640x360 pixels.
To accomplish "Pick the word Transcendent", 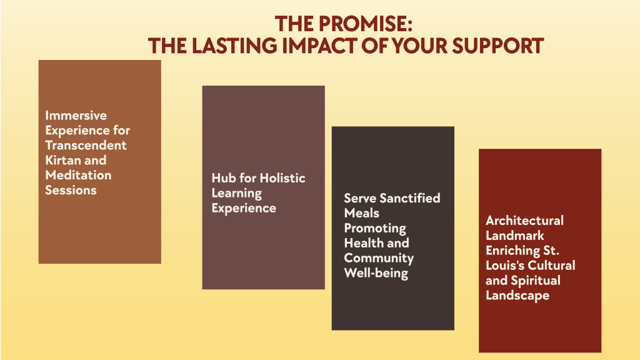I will tap(86, 146).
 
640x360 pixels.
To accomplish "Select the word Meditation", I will tap(78, 176).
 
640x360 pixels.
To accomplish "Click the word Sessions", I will tap(71, 191).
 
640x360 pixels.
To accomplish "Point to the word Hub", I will tap(224, 178).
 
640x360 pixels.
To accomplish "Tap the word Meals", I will tap(361, 213).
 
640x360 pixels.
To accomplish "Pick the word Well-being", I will tap(376, 273).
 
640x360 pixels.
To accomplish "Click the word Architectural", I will tap(524, 221).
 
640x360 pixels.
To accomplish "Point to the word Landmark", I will tap(514, 236).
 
